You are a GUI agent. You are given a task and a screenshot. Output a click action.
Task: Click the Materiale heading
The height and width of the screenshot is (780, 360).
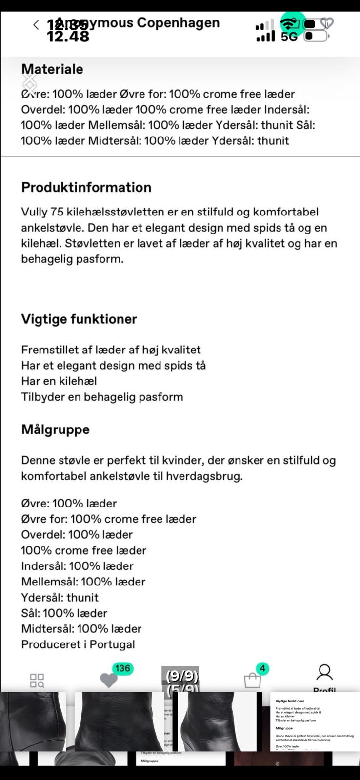click(52, 69)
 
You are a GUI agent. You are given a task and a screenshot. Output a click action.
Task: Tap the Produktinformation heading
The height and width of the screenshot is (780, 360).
click(86, 187)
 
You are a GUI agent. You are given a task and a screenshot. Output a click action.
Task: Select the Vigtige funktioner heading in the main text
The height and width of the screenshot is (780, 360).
click(79, 319)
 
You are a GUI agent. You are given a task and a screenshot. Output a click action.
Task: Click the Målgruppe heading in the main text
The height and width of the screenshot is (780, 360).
click(56, 429)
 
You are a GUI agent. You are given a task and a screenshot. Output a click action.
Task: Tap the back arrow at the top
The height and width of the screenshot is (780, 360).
click(36, 25)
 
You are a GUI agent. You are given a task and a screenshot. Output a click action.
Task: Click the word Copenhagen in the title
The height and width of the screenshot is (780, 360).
click(178, 22)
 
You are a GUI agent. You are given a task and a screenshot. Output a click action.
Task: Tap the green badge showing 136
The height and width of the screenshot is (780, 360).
click(122, 668)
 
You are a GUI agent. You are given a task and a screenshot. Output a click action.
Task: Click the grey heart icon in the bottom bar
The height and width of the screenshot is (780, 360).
click(108, 681)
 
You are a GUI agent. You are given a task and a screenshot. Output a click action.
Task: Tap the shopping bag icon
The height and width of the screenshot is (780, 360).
click(252, 681)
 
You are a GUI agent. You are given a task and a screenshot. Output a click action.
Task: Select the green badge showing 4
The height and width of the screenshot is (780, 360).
click(262, 668)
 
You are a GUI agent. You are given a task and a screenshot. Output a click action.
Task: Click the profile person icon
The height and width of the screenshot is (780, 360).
click(324, 673)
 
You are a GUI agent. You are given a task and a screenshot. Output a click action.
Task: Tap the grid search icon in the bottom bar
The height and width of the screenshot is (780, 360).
click(37, 681)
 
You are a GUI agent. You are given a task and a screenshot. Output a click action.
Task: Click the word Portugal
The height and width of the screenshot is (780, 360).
click(112, 644)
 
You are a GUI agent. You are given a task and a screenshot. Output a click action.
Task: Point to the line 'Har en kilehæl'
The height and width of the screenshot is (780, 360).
click(59, 381)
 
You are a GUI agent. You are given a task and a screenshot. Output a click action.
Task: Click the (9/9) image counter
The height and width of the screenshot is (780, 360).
click(181, 676)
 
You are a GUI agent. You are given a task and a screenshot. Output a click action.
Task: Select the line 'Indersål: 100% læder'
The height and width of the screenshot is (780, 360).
click(77, 566)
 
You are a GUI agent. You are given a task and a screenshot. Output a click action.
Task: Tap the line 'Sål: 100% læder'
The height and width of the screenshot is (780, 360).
click(64, 613)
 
